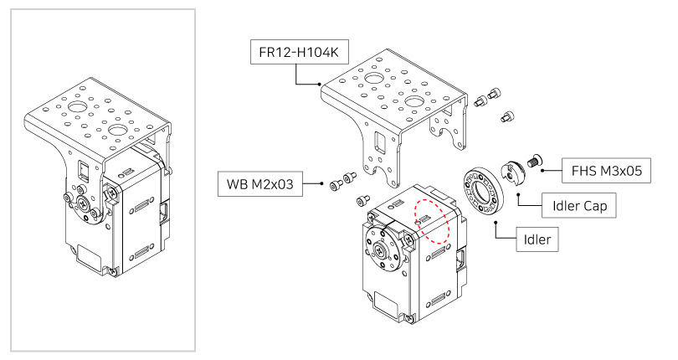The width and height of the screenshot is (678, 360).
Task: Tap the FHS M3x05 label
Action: coord(605,171)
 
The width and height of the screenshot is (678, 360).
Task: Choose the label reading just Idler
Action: coord(537,239)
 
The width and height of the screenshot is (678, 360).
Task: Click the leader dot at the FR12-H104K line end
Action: coord(322,84)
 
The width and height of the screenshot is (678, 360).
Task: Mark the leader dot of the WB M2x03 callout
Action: coord(323,183)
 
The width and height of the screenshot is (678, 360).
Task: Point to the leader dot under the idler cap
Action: coord(518,193)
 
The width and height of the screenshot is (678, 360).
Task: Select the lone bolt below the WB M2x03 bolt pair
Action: coord(362,201)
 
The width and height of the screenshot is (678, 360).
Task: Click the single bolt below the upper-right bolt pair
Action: coord(507,116)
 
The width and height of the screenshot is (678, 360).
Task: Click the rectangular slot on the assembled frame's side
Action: coord(83,172)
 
